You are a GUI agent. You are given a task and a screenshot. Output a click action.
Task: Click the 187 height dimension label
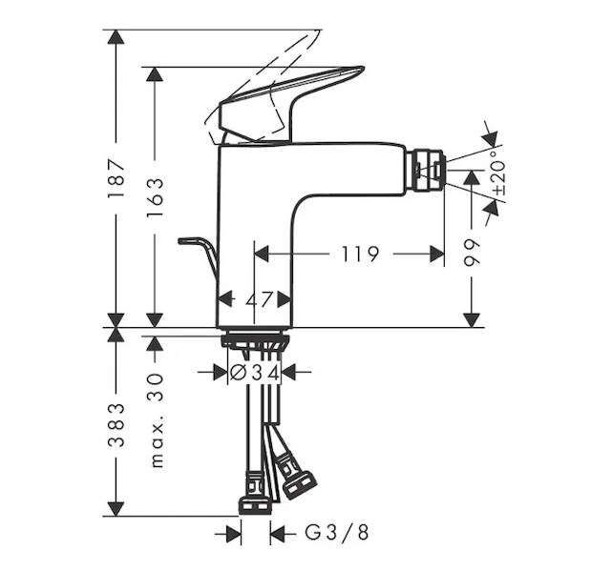[116, 178]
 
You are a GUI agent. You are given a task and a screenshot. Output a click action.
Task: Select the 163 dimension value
[155, 196]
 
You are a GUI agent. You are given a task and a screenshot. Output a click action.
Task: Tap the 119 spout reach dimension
[360, 254]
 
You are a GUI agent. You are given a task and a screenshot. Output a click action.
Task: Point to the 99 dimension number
[472, 252]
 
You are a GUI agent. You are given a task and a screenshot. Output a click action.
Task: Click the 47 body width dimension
[259, 300]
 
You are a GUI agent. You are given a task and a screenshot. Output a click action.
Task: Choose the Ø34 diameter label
[255, 373]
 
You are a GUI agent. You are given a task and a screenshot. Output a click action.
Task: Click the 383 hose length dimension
[116, 425]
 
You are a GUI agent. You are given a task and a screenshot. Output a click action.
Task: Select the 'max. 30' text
[157, 420]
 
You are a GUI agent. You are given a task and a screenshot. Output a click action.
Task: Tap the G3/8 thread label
[337, 533]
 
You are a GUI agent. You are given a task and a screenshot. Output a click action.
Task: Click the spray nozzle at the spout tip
[428, 171]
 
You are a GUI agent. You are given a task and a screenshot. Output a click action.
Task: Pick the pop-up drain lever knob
[191, 240]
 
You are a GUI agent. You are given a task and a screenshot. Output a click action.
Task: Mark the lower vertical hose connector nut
[255, 506]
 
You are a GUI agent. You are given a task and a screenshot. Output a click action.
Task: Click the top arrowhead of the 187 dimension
[116, 37]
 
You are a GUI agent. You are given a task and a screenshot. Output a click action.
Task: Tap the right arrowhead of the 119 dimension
[437, 254]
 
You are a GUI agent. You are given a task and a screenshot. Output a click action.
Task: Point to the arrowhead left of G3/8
[234, 533]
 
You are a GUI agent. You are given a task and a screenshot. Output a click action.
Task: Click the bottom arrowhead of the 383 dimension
[116, 509]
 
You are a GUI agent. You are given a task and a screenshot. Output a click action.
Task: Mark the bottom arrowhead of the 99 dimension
[472, 320]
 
